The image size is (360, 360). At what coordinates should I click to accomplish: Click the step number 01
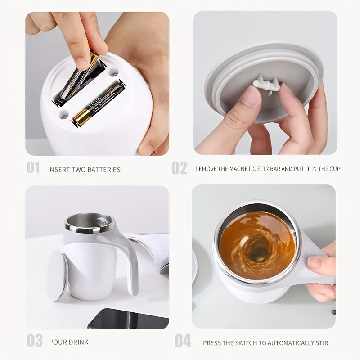coord(33,168)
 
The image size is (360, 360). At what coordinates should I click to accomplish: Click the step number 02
coord(179,168)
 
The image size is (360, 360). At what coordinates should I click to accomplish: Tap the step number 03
coord(34,340)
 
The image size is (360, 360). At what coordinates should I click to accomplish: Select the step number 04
coord(183,341)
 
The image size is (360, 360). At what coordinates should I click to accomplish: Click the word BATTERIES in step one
coord(104,170)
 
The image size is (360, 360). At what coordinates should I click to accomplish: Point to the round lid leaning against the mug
coord(58,274)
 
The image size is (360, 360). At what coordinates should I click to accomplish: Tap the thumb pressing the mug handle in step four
coord(320,263)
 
